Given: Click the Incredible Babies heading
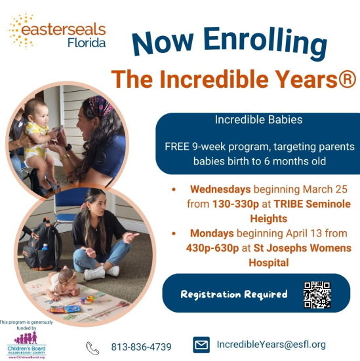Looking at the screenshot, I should pos(258,121).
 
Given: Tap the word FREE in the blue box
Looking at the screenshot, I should pos(181,145).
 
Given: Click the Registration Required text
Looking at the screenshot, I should pos(234,294).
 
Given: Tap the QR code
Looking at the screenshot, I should pos(317,294).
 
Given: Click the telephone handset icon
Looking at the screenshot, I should pos(92,347).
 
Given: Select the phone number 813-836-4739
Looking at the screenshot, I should pos(141,347).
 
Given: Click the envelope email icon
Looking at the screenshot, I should pos(201,345).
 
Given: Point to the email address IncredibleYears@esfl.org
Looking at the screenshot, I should pos(271,345).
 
